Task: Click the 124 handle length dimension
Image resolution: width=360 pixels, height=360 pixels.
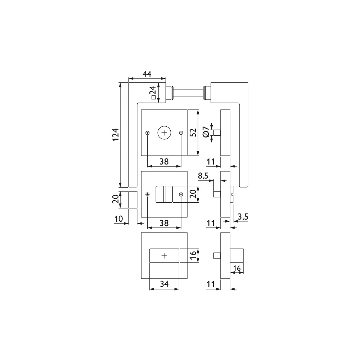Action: (116, 135)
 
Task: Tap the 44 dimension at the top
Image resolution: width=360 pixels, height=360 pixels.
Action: (147, 74)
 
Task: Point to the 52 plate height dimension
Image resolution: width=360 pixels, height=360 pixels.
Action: (194, 132)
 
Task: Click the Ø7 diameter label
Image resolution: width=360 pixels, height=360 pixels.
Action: (206, 132)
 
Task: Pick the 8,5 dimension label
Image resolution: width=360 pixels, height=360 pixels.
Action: (203, 176)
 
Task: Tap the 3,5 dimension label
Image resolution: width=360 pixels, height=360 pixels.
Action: (243, 216)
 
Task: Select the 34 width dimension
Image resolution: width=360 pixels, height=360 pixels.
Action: (164, 284)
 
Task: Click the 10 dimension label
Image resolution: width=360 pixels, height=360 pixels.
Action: (119, 219)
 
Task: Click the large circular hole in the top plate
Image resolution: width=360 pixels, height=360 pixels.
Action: (164, 133)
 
